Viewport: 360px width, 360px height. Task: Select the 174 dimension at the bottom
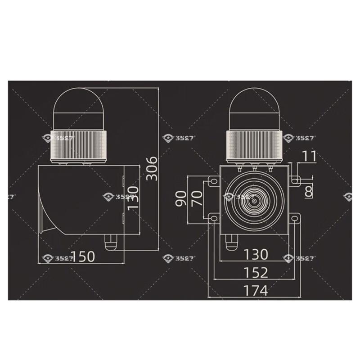pyautogui.click(x=255, y=290)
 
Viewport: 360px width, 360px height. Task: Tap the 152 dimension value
pyautogui.click(x=255, y=272)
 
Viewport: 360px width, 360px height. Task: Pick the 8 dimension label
pyautogui.click(x=308, y=192)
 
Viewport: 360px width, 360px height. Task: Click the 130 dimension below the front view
pyautogui.click(x=255, y=255)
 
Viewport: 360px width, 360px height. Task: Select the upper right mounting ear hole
pyautogui.click(x=296, y=181)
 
